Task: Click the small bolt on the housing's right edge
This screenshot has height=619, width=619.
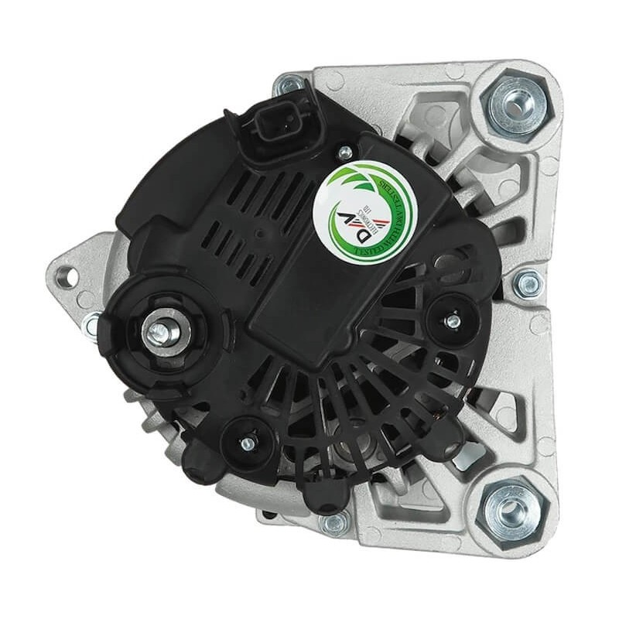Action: tap(529, 286)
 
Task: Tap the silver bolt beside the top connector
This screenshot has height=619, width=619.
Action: tap(291, 83)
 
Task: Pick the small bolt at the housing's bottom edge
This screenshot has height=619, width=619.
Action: tap(335, 523)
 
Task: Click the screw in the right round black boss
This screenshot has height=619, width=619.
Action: tap(453, 316)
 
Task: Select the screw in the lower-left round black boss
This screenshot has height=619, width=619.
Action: tap(248, 443)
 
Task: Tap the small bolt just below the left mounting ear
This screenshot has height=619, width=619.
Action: tap(93, 326)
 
